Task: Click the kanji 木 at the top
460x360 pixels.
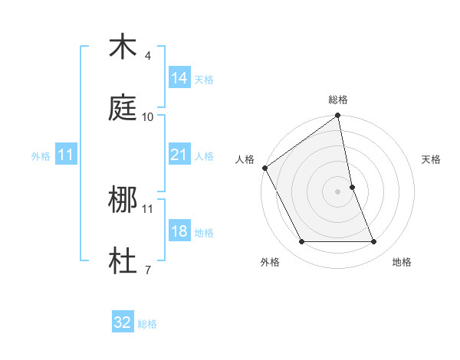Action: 123,47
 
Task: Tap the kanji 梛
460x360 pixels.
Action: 123,200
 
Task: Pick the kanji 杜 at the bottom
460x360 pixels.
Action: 123,261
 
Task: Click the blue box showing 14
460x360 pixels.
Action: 179,78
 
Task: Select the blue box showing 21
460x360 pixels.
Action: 179,155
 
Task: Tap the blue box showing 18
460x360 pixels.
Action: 179,231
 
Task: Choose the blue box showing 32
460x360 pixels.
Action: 123,322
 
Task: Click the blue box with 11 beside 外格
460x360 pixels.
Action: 66,155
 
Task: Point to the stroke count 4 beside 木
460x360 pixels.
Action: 148,56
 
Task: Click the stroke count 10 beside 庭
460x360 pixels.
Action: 148,117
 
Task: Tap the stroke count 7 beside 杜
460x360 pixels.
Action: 148,270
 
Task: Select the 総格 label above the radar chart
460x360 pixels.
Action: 338,100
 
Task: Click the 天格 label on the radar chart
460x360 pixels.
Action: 432,159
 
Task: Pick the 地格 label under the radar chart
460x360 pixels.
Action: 402,262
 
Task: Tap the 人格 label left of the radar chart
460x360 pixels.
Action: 245,159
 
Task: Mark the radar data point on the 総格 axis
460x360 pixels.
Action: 338,116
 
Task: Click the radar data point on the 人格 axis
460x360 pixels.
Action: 264,168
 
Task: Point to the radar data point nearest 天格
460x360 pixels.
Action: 353,187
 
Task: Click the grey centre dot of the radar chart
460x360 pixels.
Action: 338,191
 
